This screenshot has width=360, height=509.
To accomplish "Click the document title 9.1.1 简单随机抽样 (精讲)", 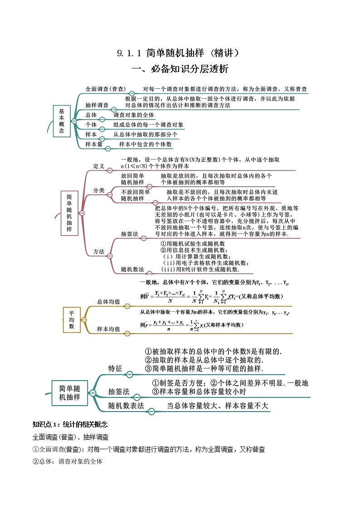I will [x=178, y=53].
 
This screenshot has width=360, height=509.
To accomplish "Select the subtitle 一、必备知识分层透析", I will [x=180, y=69].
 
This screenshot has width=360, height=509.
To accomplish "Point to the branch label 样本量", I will [x=94, y=145].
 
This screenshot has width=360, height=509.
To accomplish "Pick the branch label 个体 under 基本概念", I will [x=91, y=125].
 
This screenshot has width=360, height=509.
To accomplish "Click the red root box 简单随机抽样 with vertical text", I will [x=69, y=213].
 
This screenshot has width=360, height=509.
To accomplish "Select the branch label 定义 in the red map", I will [x=99, y=166].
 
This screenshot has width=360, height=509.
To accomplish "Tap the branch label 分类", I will [x=99, y=190].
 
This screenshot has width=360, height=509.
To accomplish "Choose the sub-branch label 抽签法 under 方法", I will [x=129, y=234].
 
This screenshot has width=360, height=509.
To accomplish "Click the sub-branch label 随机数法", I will [x=132, y=269].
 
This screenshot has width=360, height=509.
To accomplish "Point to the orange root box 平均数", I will [x=72, y=320].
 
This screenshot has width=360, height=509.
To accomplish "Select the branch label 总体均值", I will [x=109, y=301].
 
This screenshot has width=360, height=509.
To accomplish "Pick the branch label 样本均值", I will [x=109, y=329].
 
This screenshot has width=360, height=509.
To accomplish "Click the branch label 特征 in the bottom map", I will [x=115, y=368].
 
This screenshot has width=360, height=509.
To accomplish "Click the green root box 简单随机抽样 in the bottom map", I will [x=69, y=393].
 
